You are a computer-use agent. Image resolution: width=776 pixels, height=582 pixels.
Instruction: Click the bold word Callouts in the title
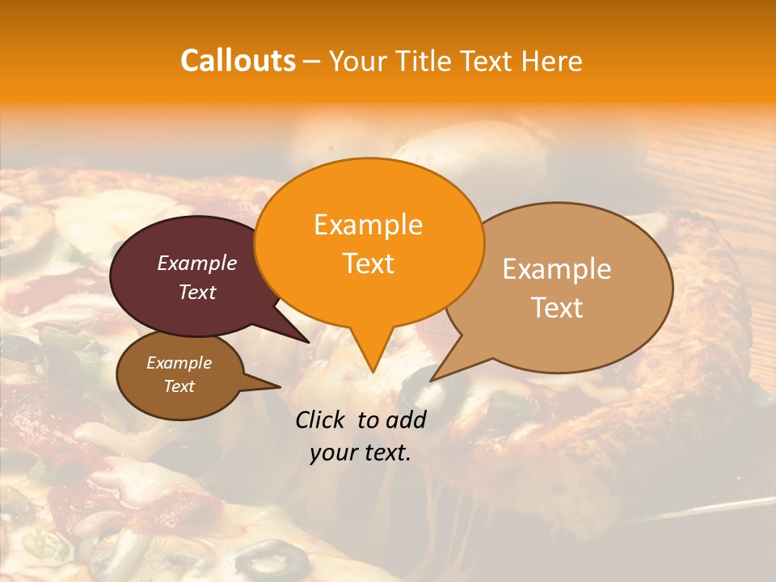coord(238,61)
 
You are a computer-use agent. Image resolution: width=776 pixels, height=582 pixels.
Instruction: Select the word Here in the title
coord(550,61)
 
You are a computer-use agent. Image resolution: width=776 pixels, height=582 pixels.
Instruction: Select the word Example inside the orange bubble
coord(369,225)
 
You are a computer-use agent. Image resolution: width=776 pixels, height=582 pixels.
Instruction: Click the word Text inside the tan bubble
coord(557,308)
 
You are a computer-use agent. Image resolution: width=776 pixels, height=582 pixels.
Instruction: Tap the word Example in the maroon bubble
coord(197,263)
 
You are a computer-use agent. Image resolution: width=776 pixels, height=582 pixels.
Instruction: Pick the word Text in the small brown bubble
coord(179,386)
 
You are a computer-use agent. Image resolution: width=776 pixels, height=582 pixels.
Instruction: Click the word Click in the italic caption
coord(320,420)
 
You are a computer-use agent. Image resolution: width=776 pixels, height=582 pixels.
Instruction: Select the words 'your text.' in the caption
coord(361,453)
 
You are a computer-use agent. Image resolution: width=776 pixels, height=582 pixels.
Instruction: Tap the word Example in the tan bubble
coord(557,269)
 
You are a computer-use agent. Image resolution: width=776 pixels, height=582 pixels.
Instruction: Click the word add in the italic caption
coord(406,420)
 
